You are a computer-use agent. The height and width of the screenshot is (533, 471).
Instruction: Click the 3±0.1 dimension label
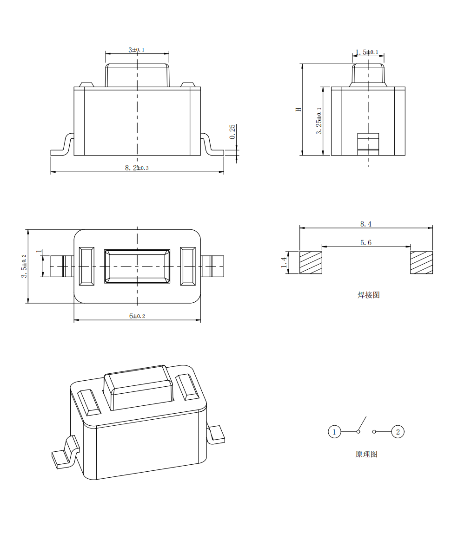(136, 50)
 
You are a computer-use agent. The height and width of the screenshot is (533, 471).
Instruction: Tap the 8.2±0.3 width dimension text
(137, 168)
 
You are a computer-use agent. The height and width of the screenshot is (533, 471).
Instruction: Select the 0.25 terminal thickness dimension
(232, 131)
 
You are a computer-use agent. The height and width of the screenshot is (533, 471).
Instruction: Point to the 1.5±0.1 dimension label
(367, 52)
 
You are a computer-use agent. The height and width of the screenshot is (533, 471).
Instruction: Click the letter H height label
(299, 110)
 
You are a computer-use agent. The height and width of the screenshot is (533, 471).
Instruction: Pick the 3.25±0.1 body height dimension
(319, 121)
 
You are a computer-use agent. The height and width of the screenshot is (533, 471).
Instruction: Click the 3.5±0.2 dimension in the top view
(24, 266)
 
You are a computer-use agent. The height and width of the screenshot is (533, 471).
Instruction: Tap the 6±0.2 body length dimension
(137, 316)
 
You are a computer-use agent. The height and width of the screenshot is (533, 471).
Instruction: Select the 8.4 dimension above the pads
(366, 224)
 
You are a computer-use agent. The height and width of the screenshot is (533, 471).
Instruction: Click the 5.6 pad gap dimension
(366, 243)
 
